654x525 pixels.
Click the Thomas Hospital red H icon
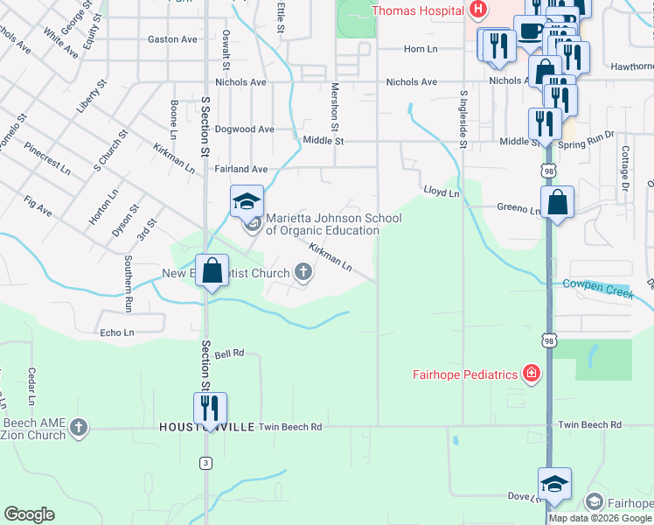coord(477,10)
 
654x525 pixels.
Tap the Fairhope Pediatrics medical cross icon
coord(531,375)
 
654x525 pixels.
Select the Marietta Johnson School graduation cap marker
coord(247,202)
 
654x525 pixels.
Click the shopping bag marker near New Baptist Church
coord(212,271)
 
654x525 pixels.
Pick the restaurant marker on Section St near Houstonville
coord(210,409)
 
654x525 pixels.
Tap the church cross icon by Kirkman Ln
coord(303,274)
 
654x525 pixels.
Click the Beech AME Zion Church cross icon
coord(79,428)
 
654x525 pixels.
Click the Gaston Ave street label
coord(172,39)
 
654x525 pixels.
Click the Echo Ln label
coord(117,333)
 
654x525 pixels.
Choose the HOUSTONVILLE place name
coord(206,427)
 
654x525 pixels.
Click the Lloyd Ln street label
coord(442,192)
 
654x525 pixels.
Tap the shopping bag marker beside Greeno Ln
coord(557,204)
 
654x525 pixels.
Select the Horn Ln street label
coord(420,50)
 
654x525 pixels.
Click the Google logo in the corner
coord(29,514)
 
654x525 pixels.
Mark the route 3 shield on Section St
coord(205,462)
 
